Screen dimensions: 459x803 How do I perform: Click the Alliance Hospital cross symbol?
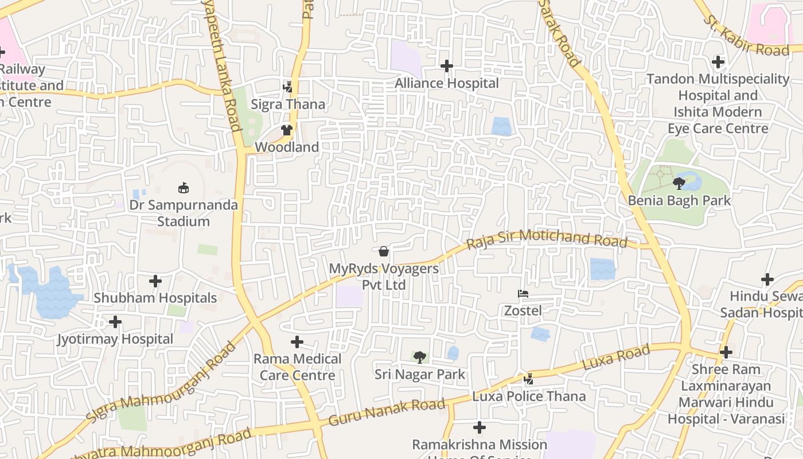click(x=447, y=66)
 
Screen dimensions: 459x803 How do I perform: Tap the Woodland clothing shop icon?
click(x=287, y=130)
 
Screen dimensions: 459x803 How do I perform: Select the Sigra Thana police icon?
click(x=288, y=87)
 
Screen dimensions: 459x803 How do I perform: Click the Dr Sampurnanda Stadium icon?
click(x=184, y=188)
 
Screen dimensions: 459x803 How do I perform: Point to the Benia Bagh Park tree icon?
click(x=679, y=184)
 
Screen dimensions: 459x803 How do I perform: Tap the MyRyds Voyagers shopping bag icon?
click(x=384, y=251)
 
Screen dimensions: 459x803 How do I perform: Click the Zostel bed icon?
click(x=523, y=294)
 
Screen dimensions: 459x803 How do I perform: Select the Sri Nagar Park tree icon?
click(x=420, y=357)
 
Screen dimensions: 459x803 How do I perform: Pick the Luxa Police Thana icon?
click(x=529, y=379)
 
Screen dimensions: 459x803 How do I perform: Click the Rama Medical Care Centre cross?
click(x=297, y=342)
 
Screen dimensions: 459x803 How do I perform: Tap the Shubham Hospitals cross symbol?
click(x=155, y=281)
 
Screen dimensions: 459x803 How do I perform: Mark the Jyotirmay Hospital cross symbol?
click(x=115, y=322)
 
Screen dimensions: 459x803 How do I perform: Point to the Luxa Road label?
click(x=616, y=357)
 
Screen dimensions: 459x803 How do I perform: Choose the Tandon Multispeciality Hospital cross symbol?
click(x=718, y=62)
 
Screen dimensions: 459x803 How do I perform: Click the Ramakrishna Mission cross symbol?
click(x=480, y=427)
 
